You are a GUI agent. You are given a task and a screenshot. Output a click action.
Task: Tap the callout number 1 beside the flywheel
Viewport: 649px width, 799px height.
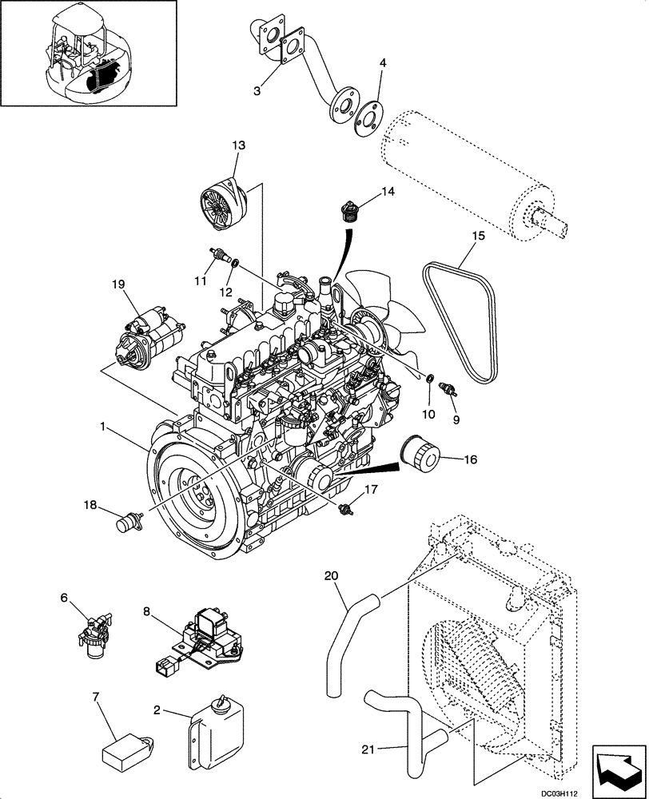(x=102, y=427)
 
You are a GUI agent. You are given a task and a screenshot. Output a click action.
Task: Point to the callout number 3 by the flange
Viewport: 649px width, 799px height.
(x=257, y=91)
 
